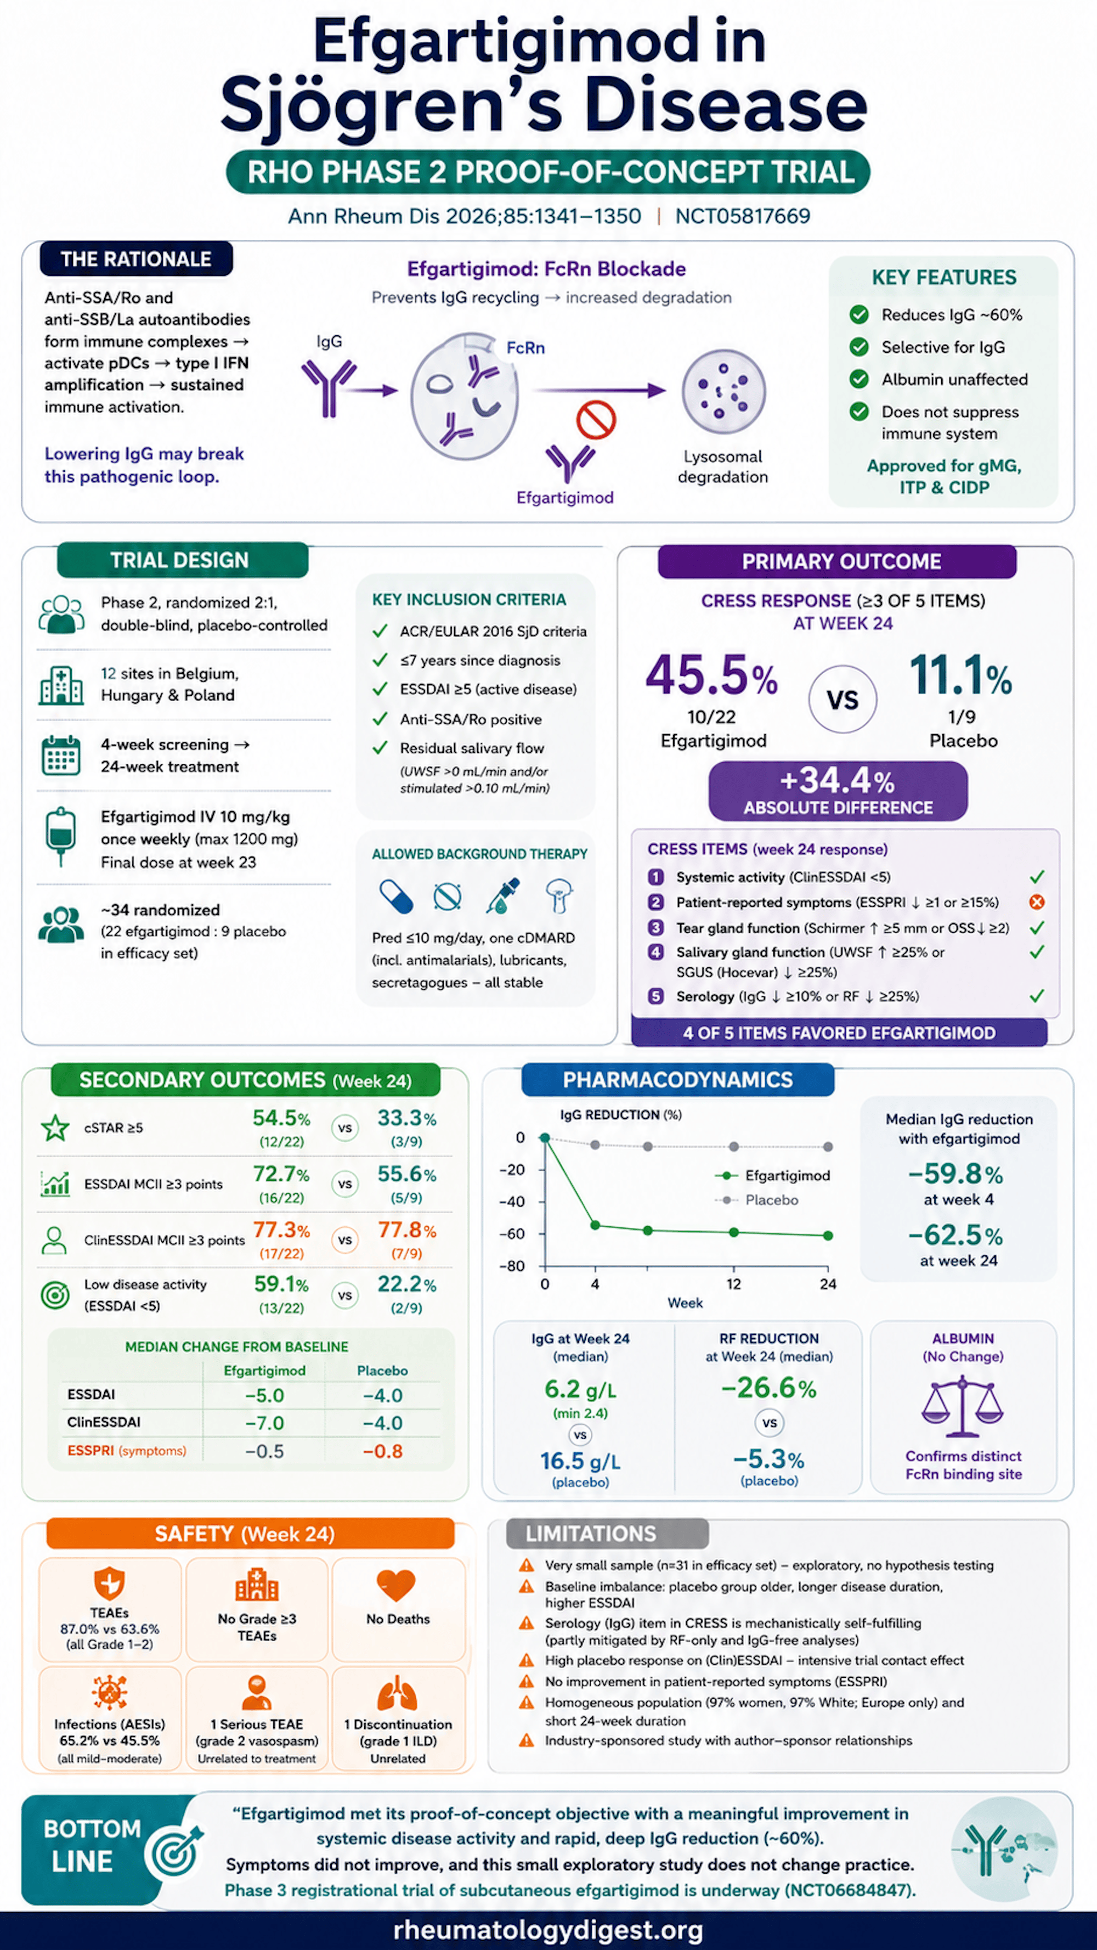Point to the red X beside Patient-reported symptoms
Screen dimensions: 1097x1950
point(1037,901)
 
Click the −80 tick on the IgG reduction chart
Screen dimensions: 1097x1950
point(512,1266)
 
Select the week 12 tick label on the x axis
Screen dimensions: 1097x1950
point(733,1284)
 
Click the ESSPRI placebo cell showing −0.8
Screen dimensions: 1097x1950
point(383,1451)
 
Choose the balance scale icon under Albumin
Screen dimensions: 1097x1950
point(962,1406)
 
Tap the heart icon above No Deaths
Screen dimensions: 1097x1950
point(397,1585)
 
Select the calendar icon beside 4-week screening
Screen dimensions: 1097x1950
point(60,755)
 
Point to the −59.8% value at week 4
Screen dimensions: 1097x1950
point(955,1174)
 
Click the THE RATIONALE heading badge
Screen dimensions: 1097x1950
point(136,259)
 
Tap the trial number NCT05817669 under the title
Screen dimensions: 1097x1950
point(742,217)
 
